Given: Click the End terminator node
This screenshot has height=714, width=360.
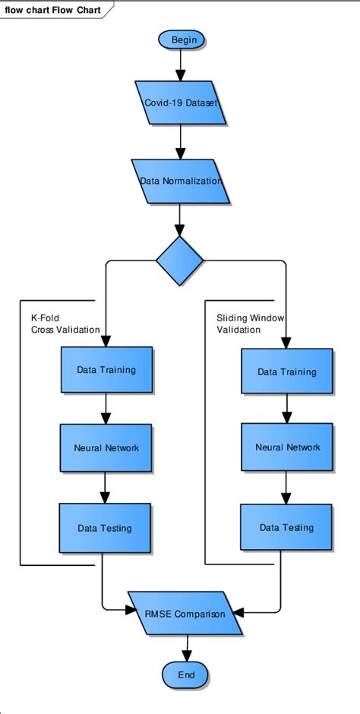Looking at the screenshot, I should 186,674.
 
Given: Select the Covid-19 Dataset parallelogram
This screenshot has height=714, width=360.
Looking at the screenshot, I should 181,103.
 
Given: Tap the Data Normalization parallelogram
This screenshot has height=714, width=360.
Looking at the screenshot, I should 181,182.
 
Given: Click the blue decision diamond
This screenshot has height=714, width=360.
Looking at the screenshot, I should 180,261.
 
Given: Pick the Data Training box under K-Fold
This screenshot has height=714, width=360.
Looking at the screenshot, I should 106,370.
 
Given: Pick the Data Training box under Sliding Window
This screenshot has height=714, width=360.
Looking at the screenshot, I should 287,372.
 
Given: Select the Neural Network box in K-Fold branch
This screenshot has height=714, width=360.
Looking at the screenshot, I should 106,448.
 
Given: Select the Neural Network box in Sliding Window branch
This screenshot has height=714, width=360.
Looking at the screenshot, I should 287,447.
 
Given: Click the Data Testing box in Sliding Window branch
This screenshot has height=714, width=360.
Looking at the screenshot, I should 286,527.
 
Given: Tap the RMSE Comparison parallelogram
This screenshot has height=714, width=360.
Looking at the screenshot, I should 185,613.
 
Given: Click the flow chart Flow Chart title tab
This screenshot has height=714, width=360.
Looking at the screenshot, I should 53,9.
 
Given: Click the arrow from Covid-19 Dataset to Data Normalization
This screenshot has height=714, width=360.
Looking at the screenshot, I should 181,142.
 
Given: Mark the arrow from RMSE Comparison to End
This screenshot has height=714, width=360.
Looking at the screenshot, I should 186,646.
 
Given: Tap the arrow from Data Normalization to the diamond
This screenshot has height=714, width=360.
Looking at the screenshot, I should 180,220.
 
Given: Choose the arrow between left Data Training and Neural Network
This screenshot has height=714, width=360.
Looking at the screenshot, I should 106,408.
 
